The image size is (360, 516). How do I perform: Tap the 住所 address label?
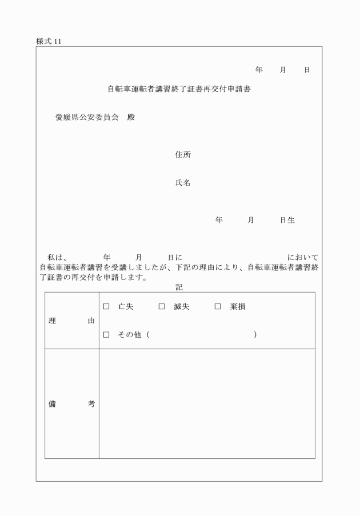[183, 155]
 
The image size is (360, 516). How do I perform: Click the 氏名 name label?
[183, 183]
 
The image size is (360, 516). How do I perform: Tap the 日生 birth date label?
[287, 220]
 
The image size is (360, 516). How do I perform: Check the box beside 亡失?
[106, 307]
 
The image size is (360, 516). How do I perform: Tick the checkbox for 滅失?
[162, 307]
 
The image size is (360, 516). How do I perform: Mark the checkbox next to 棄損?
[218, 307]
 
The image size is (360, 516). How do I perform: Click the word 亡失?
[126, 307]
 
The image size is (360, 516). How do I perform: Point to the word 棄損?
[238, 307]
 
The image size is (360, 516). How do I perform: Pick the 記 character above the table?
[179, 287]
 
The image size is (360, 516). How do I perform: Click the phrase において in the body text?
[303, 258]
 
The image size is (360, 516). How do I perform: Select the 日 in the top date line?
[307, 70]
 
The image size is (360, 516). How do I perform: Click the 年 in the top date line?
[259, 70]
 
